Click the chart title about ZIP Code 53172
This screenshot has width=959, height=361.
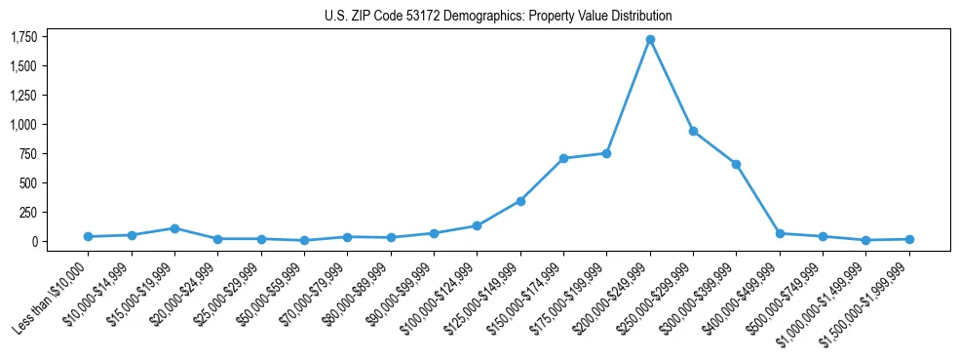click(x=498, y=17)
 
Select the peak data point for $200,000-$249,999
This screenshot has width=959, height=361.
click(x=650, y=40)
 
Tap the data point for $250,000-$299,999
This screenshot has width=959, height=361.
click(x=693, y=131)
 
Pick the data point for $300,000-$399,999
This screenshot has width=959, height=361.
click(x=737, y=164)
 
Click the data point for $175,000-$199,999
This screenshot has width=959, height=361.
click(x=607, y=153)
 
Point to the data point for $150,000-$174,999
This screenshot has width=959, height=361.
click(x=563, y=158)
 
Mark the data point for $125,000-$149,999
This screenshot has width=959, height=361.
click(x=520, y=201)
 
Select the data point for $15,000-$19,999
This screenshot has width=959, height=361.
click(x=174, y=228)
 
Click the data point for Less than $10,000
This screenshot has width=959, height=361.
click(x=88, y=236)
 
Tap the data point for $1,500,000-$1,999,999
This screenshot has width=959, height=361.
click(x=909, y=239)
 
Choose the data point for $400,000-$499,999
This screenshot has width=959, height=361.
click(x=780, y=233)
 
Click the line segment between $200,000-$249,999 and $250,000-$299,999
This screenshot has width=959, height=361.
click(x=671, y=86)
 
